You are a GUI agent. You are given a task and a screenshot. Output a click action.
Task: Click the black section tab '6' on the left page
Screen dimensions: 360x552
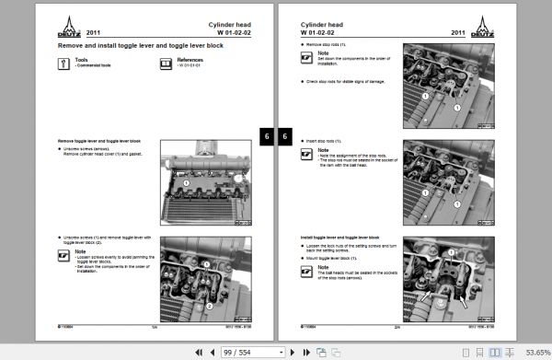coord(267,135)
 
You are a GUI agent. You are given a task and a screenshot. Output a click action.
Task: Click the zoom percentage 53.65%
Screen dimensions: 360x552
coord(538,352)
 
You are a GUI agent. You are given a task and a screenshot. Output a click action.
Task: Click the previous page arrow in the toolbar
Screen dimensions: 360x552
coord(215,352)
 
